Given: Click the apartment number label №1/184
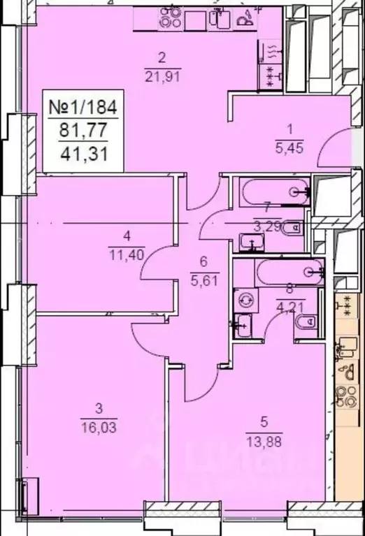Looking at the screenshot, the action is pyautogui.click(x=83, y=106).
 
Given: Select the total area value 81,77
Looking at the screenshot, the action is pyautogui.click(x=83, y=130).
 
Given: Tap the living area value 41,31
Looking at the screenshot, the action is pyautogui.click(x=84, y=154).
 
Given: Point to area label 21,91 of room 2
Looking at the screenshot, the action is pyautogui.click(x=162, y=76).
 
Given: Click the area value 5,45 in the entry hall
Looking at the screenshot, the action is pyautogui.click(x=289, y=148).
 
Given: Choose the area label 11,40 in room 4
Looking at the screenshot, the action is pyautogui.click(x=127, y=254).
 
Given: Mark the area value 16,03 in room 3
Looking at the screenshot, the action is pyautogui.click(x=99, y=426).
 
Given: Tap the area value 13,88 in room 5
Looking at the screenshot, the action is pyautogui.click(x=264, y=442).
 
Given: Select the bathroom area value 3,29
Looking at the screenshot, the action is pyautogui.click(x=267, y=226).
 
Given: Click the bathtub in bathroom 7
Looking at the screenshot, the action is pyautogui.click(x=274, y=192).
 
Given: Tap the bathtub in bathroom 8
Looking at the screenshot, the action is pyautogui.click(x=289, y=273).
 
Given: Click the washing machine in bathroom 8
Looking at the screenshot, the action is pyautogui.click(x=245, y=300).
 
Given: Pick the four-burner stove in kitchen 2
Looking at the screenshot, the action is pyautogui.click(x=170, y=17).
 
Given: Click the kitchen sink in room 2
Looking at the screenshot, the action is pyautogui.click(x=219, y=17).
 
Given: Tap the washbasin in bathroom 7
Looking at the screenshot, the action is pyautogui.click(x=252, y=242).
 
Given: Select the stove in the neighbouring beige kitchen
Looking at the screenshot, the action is pyautogui.click(x=348, y=396).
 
